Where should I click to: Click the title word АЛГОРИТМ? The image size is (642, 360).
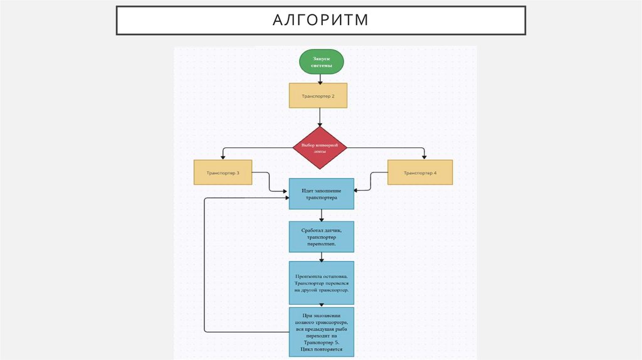(x=320, y=21)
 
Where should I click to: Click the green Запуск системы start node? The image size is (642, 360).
(x=321, y=61)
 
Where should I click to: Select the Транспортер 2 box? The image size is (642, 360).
(x=318, y=96)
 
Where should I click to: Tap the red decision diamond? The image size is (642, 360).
(x=320, y=148)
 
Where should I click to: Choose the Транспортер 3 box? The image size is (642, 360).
(x=223, y=172)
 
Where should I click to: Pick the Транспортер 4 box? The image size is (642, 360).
(x=420, y=172)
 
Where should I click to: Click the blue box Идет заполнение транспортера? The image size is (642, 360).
(x=321, y=193)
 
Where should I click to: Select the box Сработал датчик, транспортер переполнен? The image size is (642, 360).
(x=321, y=236)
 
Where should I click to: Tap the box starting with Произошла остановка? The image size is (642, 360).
(x=321, y=283)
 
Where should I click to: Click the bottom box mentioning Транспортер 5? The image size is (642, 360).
(x=321, y=331)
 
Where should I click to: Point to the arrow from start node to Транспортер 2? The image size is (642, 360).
(x=320, y=79)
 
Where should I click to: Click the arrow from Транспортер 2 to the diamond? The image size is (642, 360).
(x=320, y=117)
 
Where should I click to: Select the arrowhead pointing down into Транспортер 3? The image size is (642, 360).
(x=223, y=156)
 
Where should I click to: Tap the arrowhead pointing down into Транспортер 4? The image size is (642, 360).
(x=424, y=156)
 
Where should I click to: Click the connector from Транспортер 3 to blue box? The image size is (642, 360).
(x=269, y=181)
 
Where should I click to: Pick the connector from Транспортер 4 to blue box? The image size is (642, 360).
(x=371, y=181)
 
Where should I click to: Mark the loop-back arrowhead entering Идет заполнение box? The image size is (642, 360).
(x=285, y=198)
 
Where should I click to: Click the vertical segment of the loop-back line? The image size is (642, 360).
(x=205, y=263)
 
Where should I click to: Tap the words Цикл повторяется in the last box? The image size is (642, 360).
(x=321, y=350)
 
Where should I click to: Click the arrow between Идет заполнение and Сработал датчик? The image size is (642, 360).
(x=321, y=215)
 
